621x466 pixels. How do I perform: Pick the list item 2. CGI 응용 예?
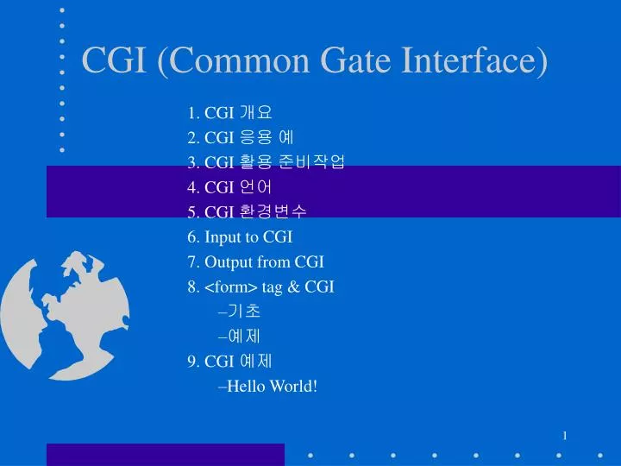pyautogui.click(x=240, y=137)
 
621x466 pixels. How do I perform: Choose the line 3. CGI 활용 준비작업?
pyautogui.click(x=265, y=161)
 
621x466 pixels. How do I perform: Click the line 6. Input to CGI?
pyautogui.click(x=240, y=236)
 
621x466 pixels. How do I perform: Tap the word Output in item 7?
pyautogui.click(x=225, y=261)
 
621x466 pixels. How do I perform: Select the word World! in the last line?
pyautogui.click(x=292, y=386)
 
